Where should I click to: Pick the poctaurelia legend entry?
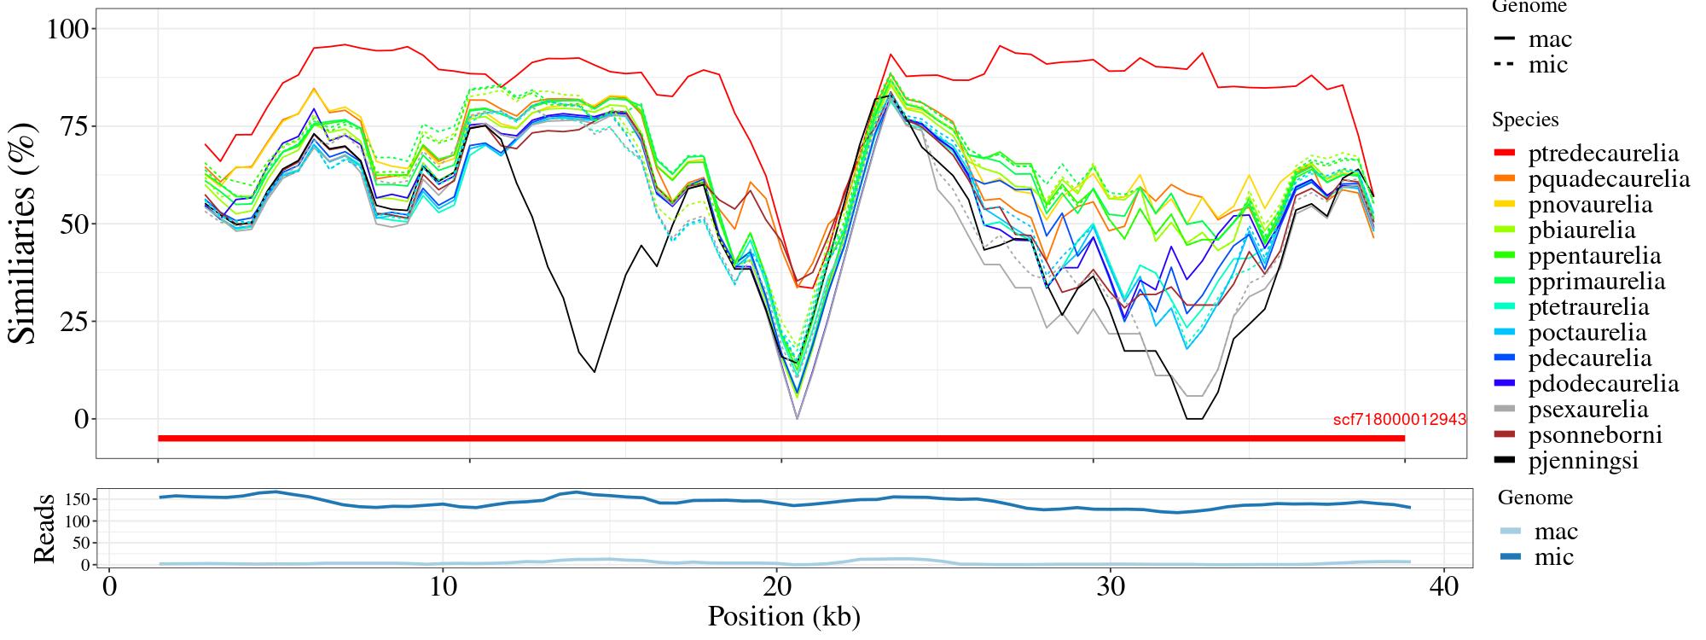coord(1587,333)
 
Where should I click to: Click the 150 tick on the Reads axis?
coord(78,498)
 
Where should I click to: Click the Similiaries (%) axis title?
coord(24,232)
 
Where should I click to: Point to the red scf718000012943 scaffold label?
coord(1400,420)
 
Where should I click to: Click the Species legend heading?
coord(1525,120)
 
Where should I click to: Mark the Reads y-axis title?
coord(44,529)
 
